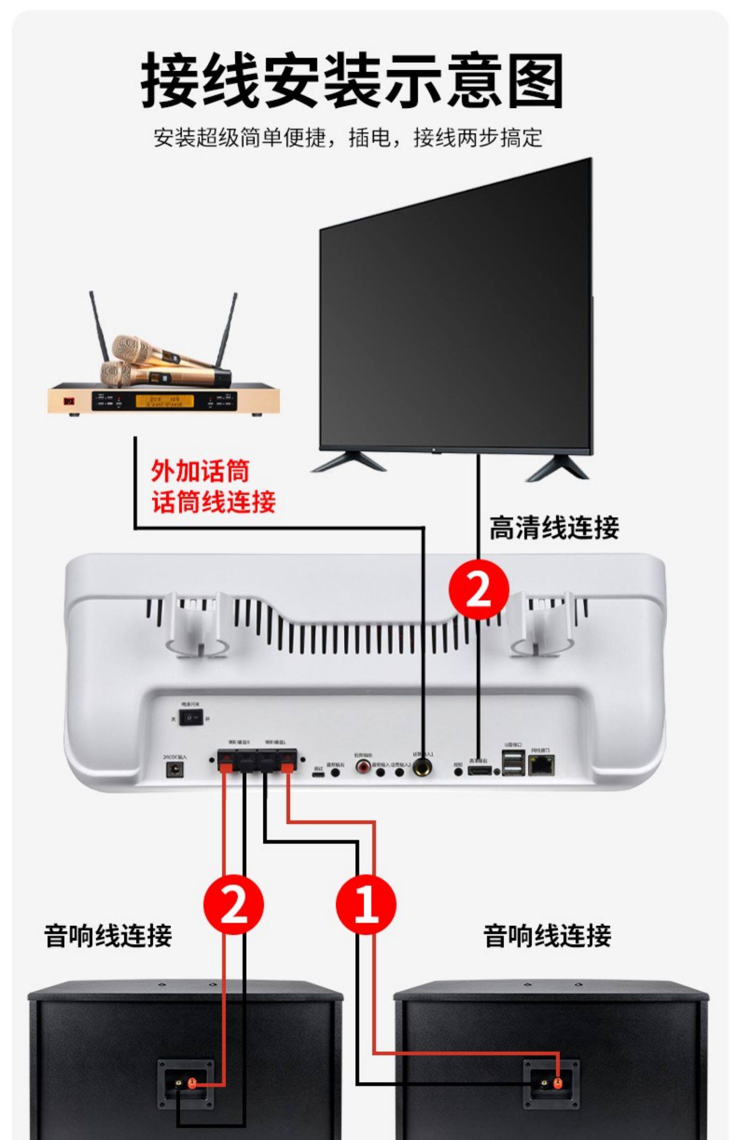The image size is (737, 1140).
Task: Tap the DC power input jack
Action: tap(174, 770)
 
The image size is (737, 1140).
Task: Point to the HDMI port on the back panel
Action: tap(479, 771)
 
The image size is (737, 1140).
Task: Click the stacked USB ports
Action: tap(513, 764)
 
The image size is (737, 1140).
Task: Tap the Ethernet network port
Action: tap(541, 765)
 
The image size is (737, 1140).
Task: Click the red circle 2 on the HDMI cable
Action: tap(478, 590)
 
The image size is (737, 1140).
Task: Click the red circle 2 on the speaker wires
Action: tap(233, 904)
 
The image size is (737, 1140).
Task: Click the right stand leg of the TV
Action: tap(558, 467)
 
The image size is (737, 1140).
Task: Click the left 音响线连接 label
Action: tap(108, 935)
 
